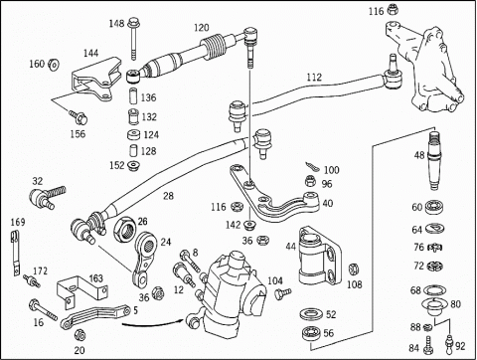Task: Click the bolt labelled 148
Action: point(133,37)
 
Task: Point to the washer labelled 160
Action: point(53,65)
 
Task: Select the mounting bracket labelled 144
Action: point(96,79)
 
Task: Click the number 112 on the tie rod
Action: point(314,78)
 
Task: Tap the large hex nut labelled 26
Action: point(124,228)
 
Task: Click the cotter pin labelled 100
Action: point(313,167)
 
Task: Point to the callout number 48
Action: point(419,155)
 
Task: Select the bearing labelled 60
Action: point(434,207)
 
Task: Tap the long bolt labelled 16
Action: point(43,309)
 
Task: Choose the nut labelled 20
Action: point(79,335)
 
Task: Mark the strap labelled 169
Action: point(15,253)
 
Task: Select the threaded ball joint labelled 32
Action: point(48,197)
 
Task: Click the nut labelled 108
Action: point(353,270)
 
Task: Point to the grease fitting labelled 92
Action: point(449,345)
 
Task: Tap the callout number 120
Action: point(202,28)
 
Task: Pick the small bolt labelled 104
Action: point(283,293)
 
